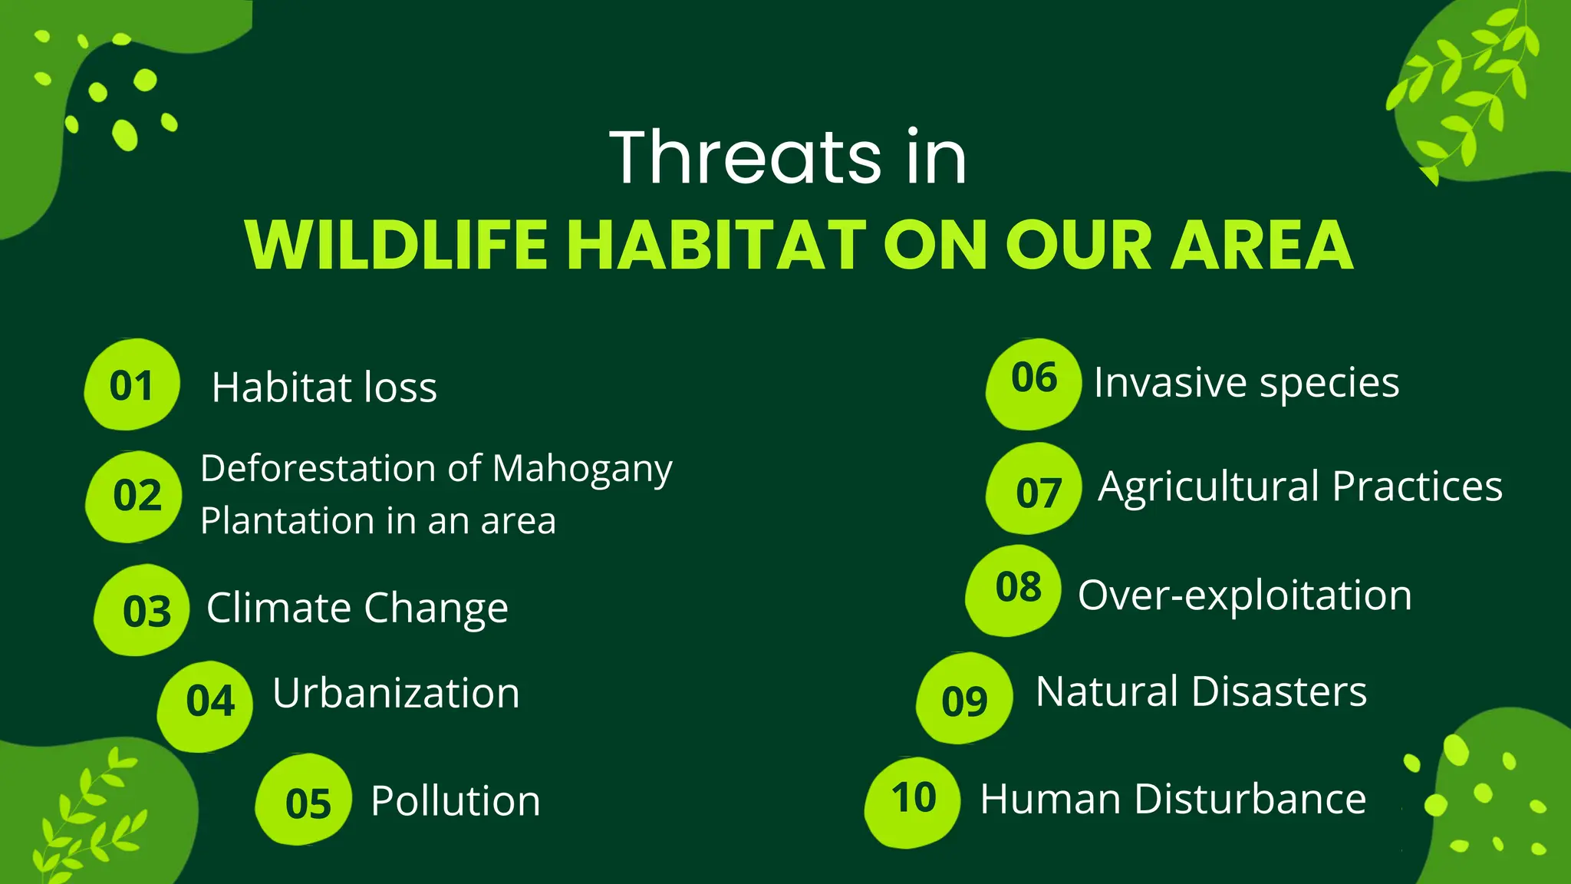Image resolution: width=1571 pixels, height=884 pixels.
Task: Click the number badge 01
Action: click(x=132, y=385)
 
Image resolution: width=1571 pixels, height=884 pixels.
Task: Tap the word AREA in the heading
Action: click(x=1261, y=246)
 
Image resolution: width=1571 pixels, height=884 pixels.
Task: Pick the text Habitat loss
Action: click(x=324, y=388)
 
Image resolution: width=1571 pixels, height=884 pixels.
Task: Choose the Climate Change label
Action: click(x=357, y=609)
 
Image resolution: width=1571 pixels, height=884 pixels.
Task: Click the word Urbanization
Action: click(x=396, y=693)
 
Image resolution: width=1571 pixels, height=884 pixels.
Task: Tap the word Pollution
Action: click(x=456, y=801)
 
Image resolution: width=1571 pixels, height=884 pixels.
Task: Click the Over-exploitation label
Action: click(x=1244, y=595)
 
